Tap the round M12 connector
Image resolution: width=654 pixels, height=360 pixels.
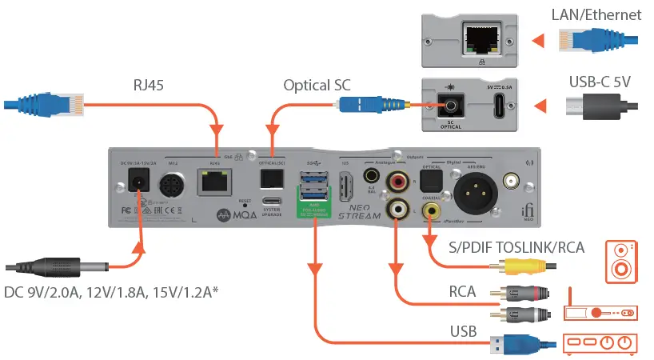(173, 186)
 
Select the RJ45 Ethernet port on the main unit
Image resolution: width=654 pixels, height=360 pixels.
(214, 183)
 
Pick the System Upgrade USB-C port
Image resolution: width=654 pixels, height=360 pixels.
(271, 202)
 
